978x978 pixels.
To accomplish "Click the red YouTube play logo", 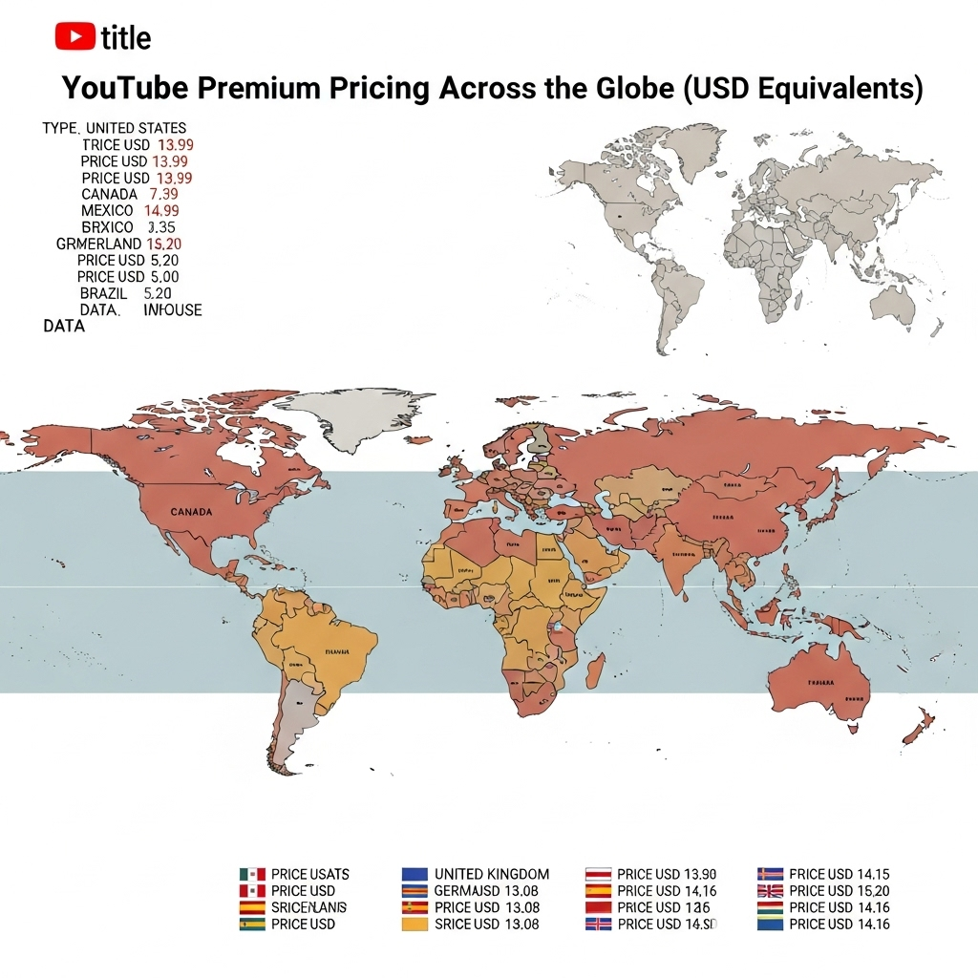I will [x=74, y=36].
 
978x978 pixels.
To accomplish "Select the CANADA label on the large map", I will [x=191, y=512].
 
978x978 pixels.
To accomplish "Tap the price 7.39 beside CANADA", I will [x=164, y=194].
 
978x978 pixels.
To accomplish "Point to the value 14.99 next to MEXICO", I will [x=161, y=210].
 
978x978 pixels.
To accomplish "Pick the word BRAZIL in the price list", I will [x=104, y=293].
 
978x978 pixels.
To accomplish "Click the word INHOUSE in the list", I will [x=173, y=309].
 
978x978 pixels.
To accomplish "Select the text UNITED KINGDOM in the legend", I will [x=492, y=874].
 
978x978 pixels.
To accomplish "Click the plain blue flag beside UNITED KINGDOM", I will [x=415, y=874].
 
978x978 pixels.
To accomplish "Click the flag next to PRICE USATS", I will [x=251, y=874].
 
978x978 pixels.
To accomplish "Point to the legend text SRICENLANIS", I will [x=308, y=907].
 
